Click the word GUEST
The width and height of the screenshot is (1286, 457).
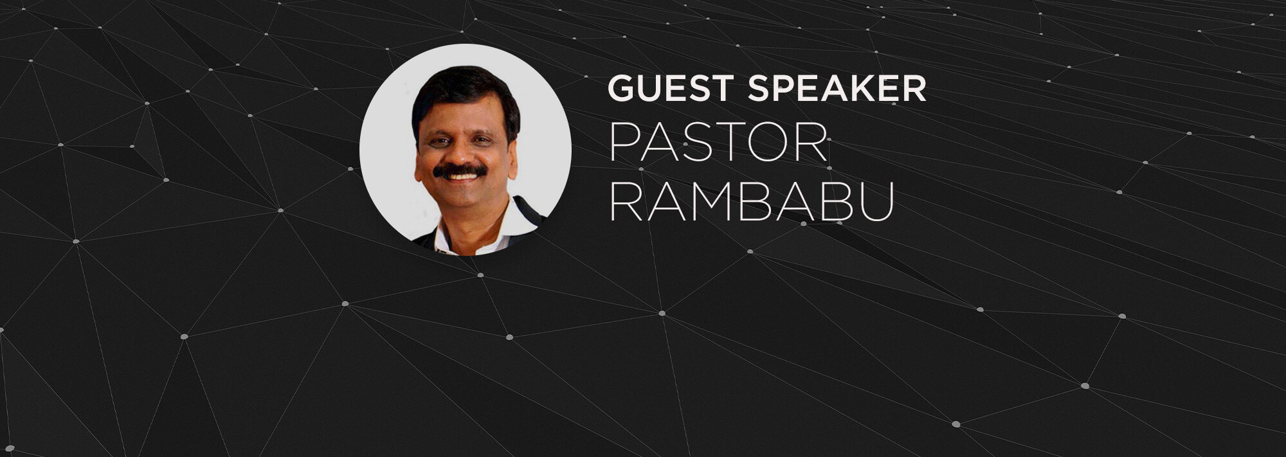point(673,89)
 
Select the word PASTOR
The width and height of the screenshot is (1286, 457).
point(718,143)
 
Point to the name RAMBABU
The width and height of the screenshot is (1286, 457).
point(752,201)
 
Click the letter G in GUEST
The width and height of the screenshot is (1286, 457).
point(622,89)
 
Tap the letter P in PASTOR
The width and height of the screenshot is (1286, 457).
point(622,143)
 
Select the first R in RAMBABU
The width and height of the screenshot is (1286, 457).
point(624,201)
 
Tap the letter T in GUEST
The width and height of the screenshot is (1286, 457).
point(725,89)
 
